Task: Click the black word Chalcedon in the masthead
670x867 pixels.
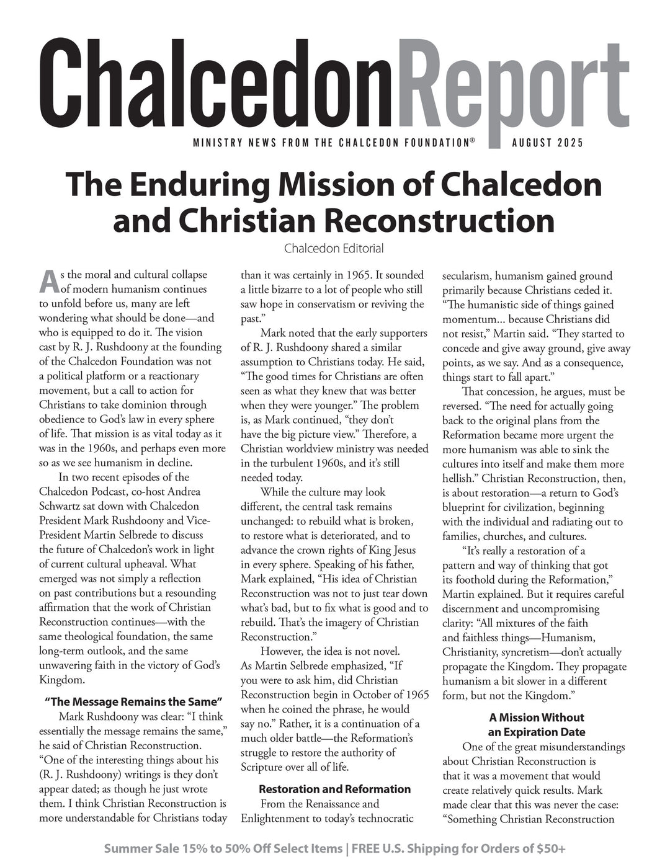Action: tap(209, 81)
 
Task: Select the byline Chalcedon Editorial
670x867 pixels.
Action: tap(334, 249)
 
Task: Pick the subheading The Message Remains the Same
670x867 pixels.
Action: tap(133, 702)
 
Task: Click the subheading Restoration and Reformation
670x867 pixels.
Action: tap(334, 789)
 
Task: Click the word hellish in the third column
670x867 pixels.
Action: tap(460, 478)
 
